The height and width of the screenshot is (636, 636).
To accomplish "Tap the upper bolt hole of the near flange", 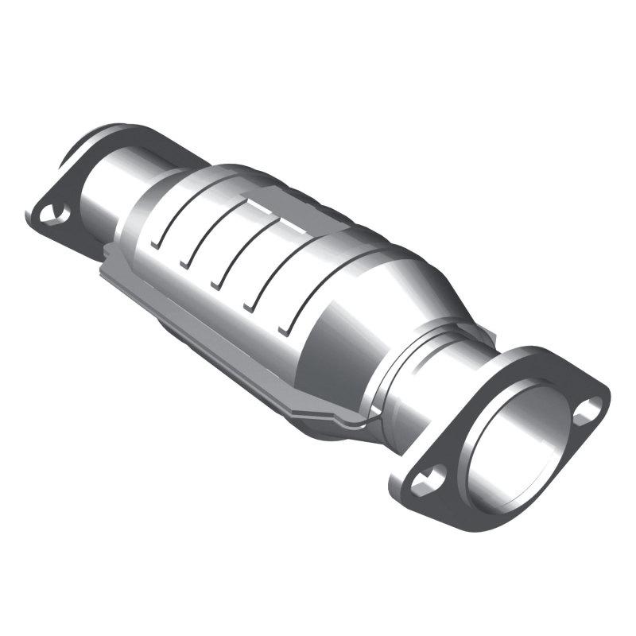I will (588, 409).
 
